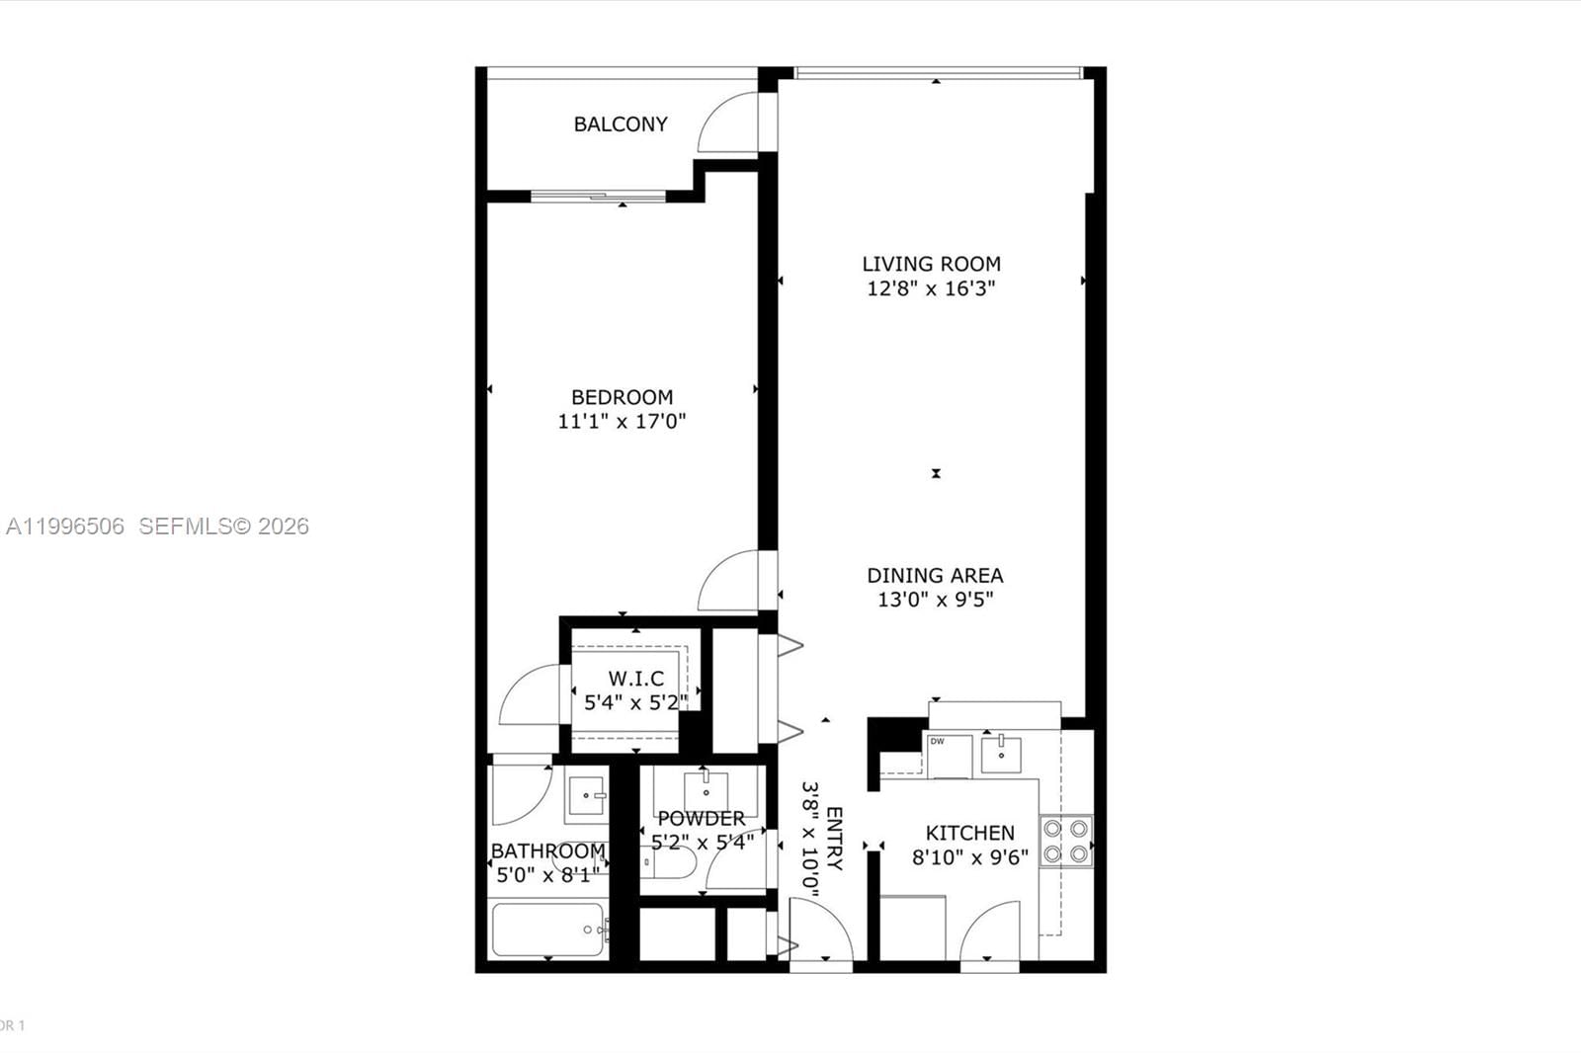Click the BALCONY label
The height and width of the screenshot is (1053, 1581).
pos(621,124)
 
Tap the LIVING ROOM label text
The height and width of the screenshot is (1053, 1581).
pos(931,264)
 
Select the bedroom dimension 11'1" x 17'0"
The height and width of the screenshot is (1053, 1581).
pos(622,422)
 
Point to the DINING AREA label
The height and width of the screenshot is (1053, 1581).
pos(935,575)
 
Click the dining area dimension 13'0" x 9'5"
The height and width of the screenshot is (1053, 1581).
pos(935,600)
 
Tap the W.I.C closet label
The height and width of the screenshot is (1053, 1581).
pos(635,679)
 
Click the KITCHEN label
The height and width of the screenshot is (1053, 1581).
pos(969,833)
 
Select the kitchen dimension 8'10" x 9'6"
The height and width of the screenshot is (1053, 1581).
pos(969,857)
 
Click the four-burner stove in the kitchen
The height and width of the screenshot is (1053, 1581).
pos(1066,841)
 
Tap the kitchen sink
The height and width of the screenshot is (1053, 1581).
pos(1002,755)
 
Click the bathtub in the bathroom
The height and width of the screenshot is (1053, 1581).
pos(547,930)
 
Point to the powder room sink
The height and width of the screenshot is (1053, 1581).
pos(707,790)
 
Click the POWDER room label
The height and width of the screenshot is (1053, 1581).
pos(702,819)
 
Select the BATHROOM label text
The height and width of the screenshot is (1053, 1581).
pos(547,850)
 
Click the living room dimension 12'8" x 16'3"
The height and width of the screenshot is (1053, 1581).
pos(931,288)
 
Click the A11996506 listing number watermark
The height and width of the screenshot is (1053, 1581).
pos(65,526)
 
